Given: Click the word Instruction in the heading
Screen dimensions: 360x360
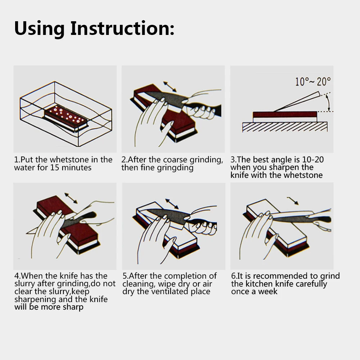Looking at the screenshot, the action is (x=122, y=28).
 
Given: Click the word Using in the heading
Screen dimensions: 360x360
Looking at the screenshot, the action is (x=39, y=29).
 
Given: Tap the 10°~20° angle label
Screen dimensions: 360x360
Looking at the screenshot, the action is (x=313, y=81).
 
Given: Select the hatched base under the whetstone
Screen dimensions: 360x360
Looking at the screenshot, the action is (x=285, y=127).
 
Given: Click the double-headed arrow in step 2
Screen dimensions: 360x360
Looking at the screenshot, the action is (x=170, y=86).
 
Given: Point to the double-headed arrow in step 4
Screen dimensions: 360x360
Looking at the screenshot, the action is (x=71, y=198).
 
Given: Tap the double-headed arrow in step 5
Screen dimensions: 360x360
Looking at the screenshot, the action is (x=172, y=204).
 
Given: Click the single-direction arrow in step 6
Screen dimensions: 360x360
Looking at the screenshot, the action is (x=293, y=201).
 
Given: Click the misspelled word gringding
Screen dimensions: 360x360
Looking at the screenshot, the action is (x=175, y=168).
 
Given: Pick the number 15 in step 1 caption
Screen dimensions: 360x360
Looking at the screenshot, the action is (x=55, y=167).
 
